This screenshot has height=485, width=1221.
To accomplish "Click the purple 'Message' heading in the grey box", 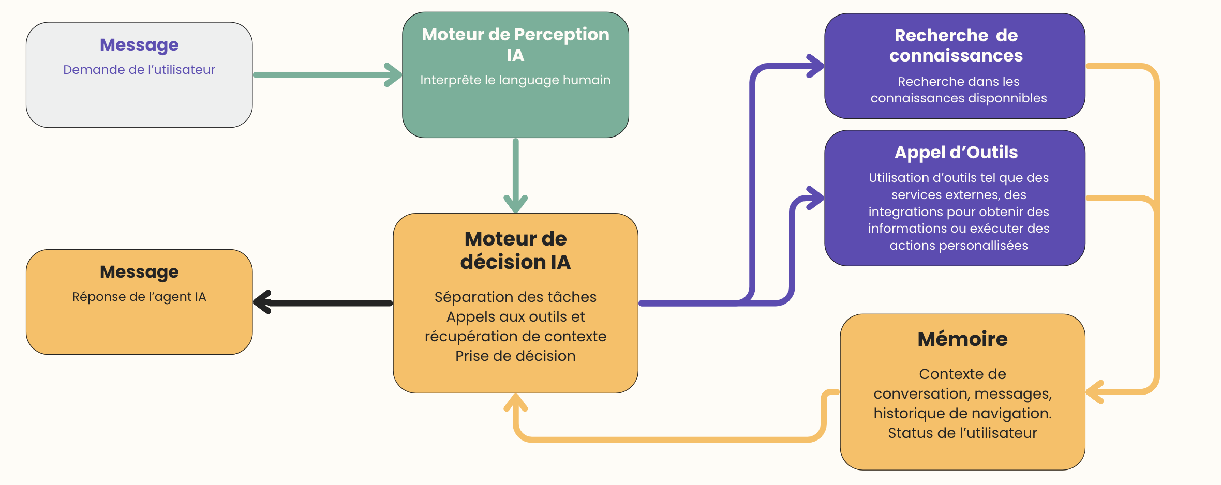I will click(139, 45).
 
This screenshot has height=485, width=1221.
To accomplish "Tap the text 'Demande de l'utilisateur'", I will click(139, 70).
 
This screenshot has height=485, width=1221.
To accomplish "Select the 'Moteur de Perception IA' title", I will click(515, 44).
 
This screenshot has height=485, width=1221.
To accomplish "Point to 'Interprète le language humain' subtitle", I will click(515, 80).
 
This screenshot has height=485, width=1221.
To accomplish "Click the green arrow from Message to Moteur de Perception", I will click(326, 75).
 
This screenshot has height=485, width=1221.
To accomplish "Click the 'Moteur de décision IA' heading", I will click(515, 250).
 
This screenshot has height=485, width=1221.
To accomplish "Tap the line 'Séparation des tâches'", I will click(515, 297).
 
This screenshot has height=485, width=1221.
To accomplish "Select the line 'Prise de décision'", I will click(515, 356).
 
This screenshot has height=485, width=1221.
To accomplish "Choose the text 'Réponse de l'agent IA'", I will click(139, 297).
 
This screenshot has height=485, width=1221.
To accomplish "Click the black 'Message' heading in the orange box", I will click(139, 272).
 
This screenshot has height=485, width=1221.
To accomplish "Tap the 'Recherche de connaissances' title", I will click(956, 46).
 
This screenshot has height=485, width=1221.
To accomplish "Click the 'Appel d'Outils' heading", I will click(956, 153).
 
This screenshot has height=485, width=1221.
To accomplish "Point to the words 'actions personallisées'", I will click(959, 246).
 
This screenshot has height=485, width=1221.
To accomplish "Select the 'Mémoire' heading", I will click(962, 339).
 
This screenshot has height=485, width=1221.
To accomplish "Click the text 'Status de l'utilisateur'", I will click(962, 433).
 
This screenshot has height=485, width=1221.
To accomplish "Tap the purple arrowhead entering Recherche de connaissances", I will click(816, 66).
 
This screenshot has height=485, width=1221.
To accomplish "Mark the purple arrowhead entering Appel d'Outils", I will click(816, 198).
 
